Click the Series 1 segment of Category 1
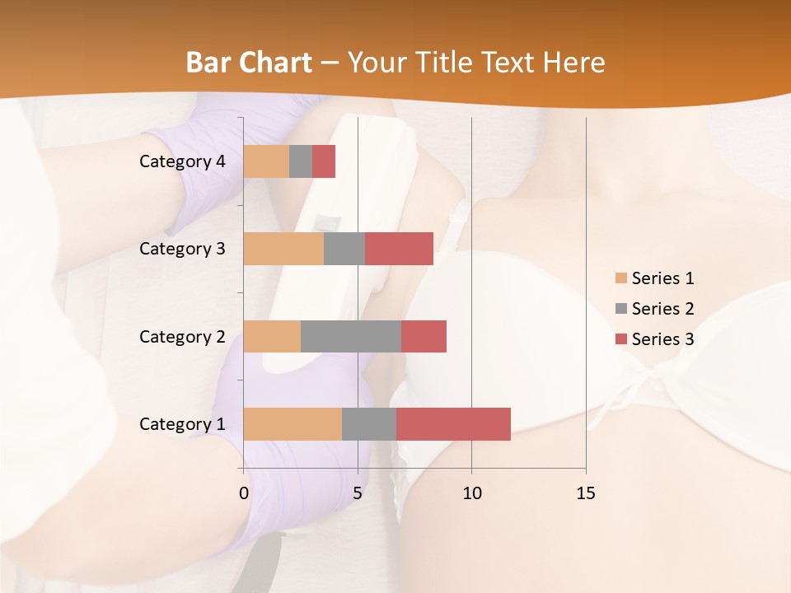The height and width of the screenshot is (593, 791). [293, 424]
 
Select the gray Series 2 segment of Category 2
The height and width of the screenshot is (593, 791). [351, 336]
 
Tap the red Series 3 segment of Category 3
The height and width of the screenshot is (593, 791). [399, 249]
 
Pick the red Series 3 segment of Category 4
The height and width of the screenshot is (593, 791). [324, 161]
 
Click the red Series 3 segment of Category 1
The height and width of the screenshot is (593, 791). [453, 424]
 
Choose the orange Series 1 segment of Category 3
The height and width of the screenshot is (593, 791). [283, 249]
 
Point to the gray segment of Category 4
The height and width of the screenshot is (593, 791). [301, 161]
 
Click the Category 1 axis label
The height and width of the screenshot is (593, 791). [182, 424]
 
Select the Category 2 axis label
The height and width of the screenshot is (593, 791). [182, 337]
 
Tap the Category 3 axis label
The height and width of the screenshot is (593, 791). [182, 249]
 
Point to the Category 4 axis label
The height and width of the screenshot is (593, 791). [182, 161]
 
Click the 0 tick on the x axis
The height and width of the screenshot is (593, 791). [244, 493]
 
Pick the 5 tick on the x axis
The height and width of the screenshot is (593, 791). [358, 493]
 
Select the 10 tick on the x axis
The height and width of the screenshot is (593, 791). [471, 493]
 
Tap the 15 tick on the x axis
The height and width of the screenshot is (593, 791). [585, 493]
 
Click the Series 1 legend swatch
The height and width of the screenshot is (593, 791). [620, 278]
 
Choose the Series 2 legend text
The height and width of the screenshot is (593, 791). [662, 309]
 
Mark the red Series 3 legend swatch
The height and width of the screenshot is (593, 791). [620, 339]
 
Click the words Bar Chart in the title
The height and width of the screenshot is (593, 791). [249, 63]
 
